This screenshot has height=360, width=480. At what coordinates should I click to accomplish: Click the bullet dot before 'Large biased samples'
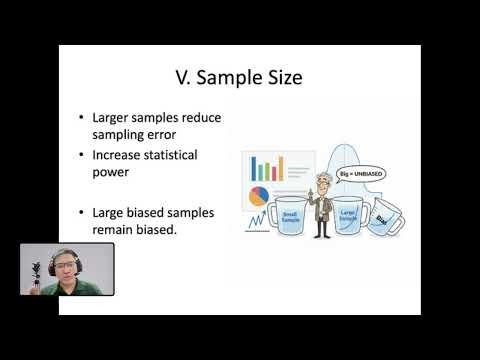click(x=81, y=212)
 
